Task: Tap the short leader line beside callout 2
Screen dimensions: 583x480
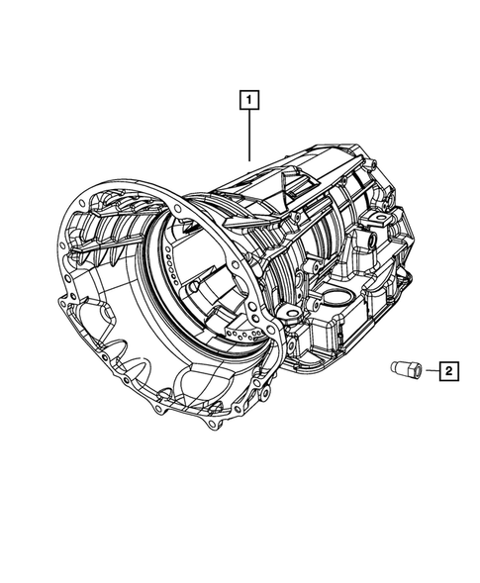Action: [432, 370]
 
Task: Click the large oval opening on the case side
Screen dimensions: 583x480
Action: [337, 301]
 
